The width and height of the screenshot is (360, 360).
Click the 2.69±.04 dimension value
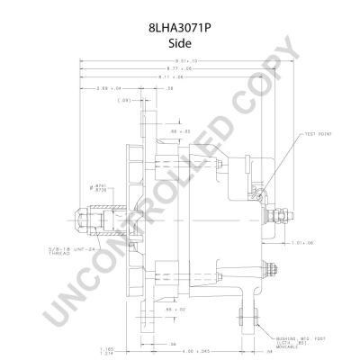coord(110,89)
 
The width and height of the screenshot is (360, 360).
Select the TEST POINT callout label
coord(319,133)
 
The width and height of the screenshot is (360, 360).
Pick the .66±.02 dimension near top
coord(181,131)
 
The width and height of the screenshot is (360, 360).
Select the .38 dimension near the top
coord(168,89)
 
